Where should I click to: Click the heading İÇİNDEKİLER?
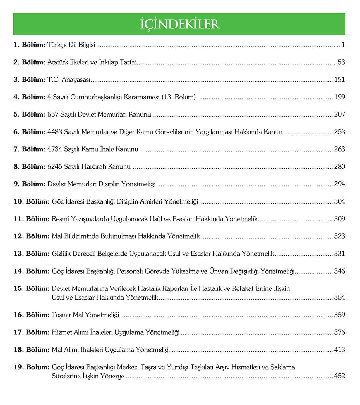pos(180,24)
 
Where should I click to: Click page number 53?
pos(341,62)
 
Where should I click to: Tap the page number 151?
pos(340,80)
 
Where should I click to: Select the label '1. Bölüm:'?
pos(29,45)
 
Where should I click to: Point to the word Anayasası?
pos(76,80)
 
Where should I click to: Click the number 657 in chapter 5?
pos(53,114)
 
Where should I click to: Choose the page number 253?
pos(340,132)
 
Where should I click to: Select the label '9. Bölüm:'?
pos(29,184)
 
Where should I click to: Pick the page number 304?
pos(340,201)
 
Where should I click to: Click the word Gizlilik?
pos(61,254)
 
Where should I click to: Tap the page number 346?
pos(340,271)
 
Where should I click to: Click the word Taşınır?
pos(61,315)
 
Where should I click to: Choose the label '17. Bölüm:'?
pos(32,332)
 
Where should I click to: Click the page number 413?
pos(340,350)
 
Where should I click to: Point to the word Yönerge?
pos(112,376)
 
